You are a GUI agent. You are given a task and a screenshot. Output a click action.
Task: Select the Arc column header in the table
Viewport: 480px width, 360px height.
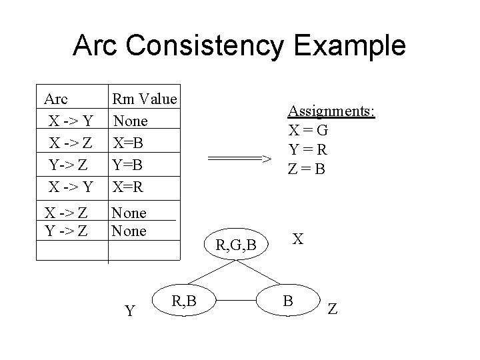(55, 100)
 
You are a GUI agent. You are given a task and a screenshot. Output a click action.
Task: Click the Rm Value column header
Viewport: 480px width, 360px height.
(145, 100)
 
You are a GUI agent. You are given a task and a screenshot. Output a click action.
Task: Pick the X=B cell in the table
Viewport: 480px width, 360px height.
(127, 142)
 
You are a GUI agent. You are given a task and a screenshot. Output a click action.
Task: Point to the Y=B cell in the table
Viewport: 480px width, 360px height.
(127, 163)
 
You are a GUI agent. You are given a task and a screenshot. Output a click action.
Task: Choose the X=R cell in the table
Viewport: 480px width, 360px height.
(127, 185)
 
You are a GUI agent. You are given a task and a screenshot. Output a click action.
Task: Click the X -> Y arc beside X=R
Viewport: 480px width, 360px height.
(70, 185)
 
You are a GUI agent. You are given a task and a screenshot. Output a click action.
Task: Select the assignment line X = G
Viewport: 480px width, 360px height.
(308, 131)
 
